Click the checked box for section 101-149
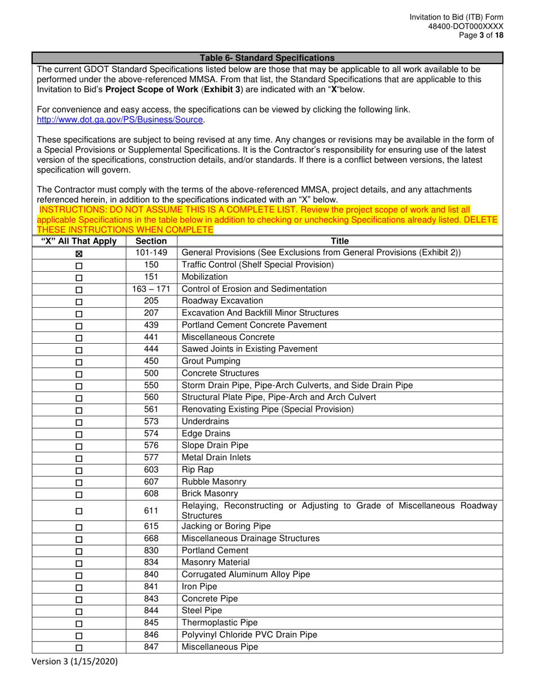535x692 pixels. (x=79, y=254)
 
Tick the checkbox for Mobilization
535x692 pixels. (x=79, y=278)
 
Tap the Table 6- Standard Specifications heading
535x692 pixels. (x=267, y=58)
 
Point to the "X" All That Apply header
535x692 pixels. (x=79, y=241)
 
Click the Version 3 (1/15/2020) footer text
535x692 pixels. (x=77, y=662)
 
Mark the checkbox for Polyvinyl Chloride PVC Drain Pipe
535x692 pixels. (x=79, y=635)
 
